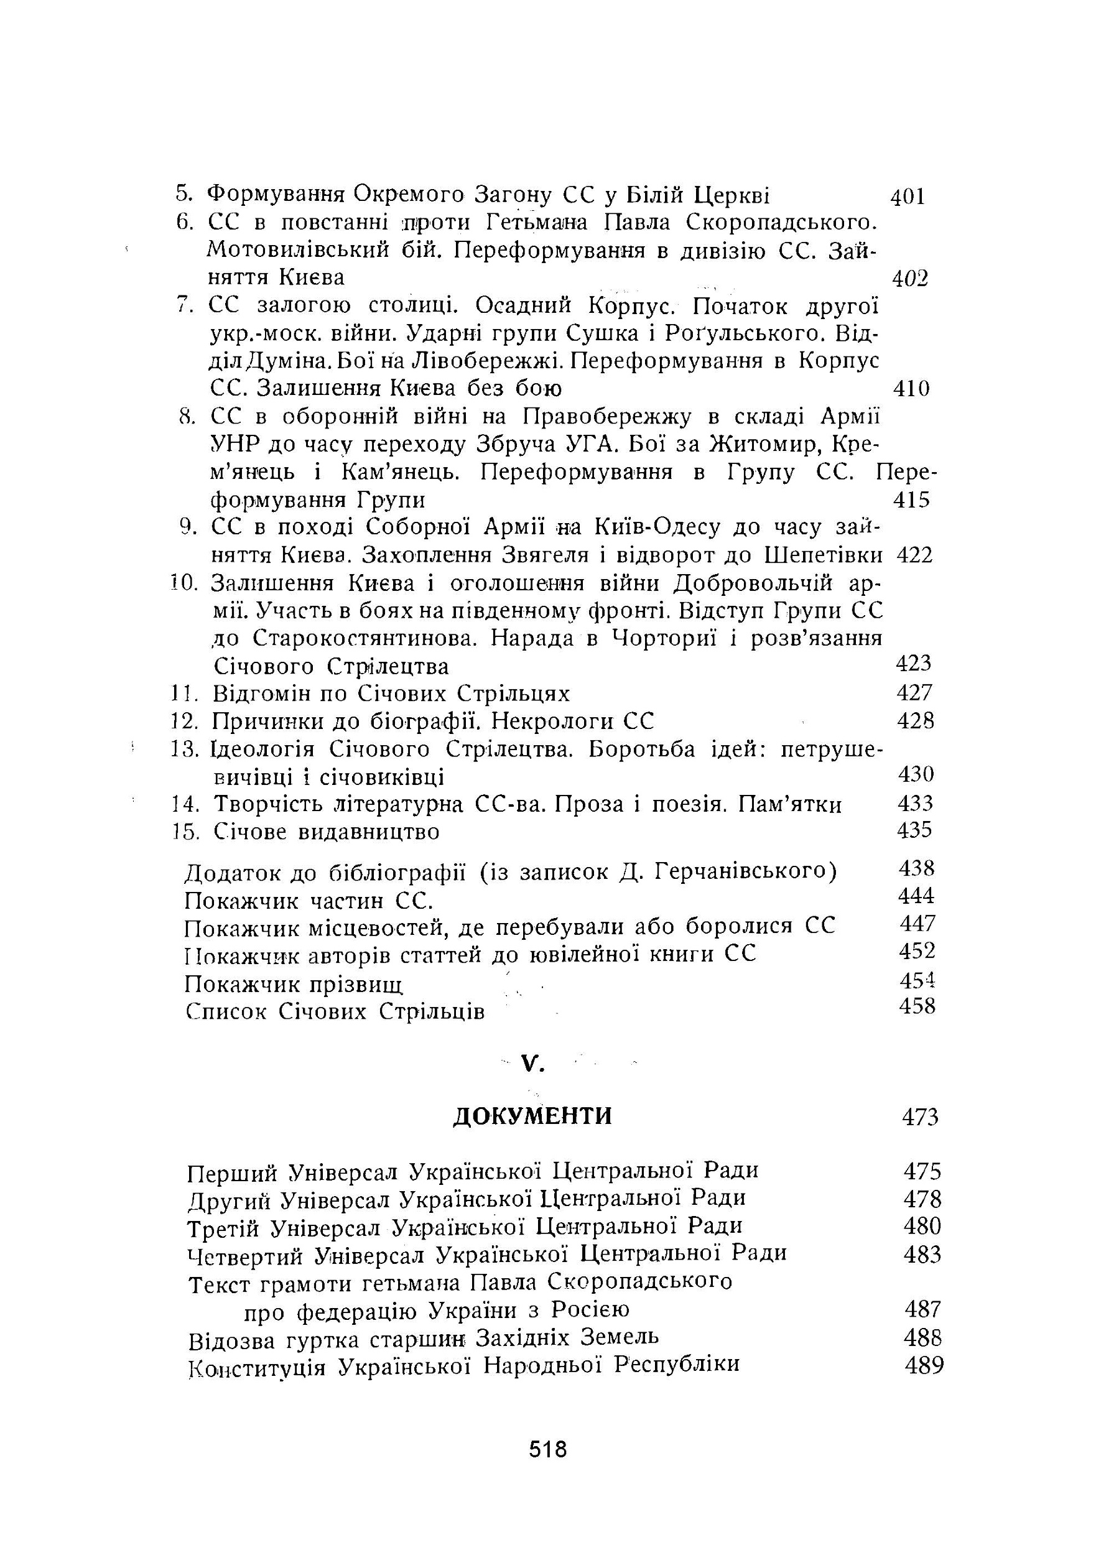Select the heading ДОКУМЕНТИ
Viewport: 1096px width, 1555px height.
(x=532, y=1115)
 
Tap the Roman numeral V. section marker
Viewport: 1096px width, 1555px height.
(x=533, y=1065)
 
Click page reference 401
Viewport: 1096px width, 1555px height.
(x=907, y=197)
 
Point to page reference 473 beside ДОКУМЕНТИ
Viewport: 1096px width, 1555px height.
(x=920, y=1117)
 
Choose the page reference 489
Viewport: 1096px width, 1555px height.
(x=924, y=1365)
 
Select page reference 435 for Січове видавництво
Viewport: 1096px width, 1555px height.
(x=914, y=830)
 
